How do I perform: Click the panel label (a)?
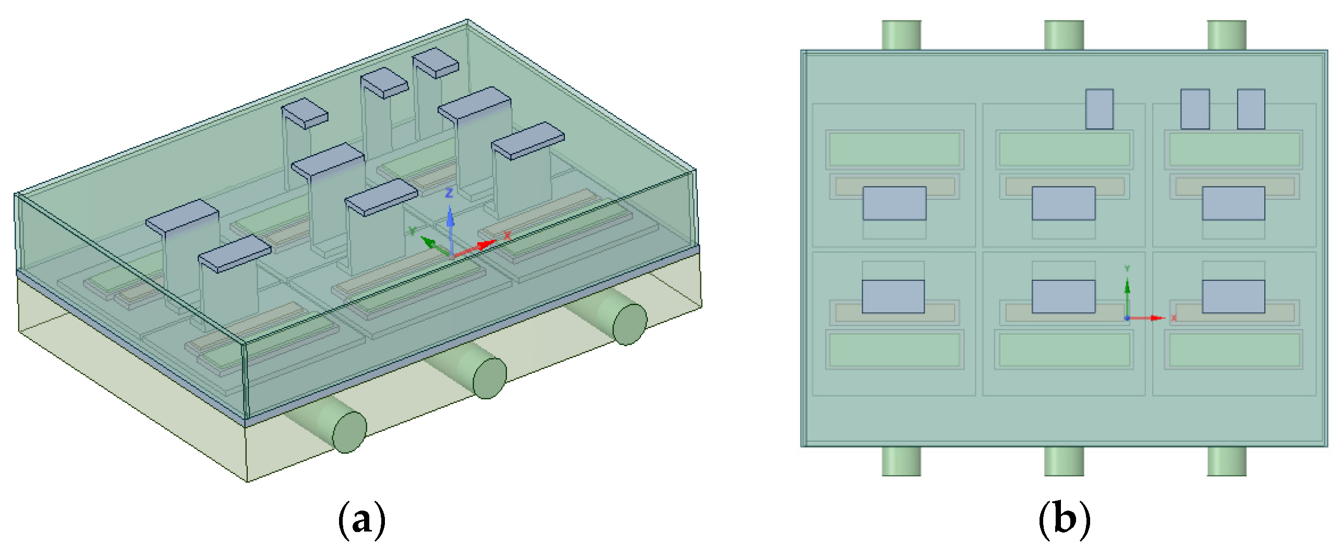pyautogui.click(x=362, y=519)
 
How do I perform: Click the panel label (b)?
pyautogui.click(x=1064, y=519)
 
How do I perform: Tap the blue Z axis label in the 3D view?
pyautogui.click(x=449, y=193)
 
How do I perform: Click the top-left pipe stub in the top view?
pyautogui.click(x=901, y=35)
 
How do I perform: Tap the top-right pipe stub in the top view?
pyautogui.click(x=1227, y=35)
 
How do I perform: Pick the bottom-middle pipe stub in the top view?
pyautogui.click(x=1064, y=461)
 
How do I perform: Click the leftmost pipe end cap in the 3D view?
pyautogui.click(x=349, y=432)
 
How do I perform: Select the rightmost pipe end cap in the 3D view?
pyautogui.click(x=630, y=324)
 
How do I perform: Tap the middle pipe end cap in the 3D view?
pyautogui.click(x=489, y=378)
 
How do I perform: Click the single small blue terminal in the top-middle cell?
pyautogui.click(x=1100, y=109)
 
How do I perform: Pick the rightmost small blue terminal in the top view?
pyautogui.click(x=1251, y=109)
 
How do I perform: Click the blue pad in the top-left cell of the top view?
pyautogui.click(x=895, y=203)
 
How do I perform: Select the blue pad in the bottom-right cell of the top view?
pyautogui.click(x=1234, y=297)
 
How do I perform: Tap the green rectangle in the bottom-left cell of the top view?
pyautogui.click(x=895, y=350)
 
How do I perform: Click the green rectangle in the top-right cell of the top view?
pyautogui.click(x=1234, y=149)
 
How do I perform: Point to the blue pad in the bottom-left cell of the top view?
pyautogui.click(x=893, y=297)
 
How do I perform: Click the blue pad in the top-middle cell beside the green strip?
pyautogui.click(x=1064, y=203)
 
